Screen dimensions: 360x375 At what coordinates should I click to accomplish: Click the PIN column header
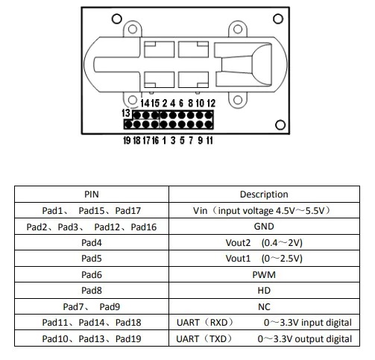tap(91, 195)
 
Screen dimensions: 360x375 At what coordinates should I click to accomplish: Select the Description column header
tap(263, 195)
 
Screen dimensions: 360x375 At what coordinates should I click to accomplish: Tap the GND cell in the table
tap(263, 227)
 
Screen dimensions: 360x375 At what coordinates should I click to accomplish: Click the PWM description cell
tap(263, 275)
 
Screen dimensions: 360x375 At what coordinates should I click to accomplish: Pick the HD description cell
tap(263, 291)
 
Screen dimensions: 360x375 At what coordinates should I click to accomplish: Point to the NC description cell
tap(263, 307)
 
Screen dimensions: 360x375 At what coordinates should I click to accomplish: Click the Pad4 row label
tap(91, 243)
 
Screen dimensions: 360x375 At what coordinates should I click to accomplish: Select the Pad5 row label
tap(91, 259)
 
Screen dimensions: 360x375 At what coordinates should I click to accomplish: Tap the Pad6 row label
tap(91, 275)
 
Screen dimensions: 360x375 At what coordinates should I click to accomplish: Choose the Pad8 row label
tap(91, 291)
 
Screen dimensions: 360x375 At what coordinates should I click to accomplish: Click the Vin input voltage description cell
tap(263, 211)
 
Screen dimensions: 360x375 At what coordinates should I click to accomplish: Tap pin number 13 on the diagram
tap(127, 113)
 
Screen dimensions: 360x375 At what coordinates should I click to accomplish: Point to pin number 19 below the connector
tap(127, 140)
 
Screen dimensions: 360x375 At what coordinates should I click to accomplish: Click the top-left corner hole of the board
tap(97, 17)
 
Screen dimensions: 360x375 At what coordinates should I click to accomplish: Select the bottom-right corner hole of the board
tap(280, 124)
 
